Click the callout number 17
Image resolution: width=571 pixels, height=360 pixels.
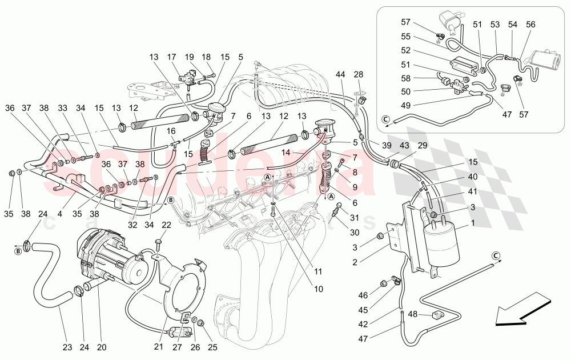[x=171, y=57]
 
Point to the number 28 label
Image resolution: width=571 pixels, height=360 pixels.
[x=358, y=75]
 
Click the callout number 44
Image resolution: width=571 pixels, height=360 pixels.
[x=341, y=75]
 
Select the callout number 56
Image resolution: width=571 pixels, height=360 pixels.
[x=530, y=24]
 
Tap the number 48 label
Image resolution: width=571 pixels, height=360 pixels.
[x=413, y=314]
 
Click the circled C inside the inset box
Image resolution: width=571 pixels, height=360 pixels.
[x=385, y=119]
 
